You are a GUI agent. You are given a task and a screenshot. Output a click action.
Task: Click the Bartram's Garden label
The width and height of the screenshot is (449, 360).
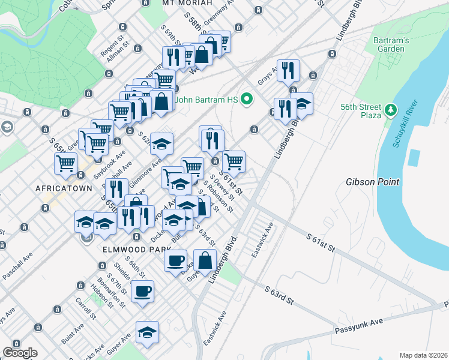pos(393,44)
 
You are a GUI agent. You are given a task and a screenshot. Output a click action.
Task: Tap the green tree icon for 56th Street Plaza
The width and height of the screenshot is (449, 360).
pos(391,109)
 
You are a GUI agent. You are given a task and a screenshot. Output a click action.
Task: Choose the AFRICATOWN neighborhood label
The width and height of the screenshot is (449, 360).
pos(64,188)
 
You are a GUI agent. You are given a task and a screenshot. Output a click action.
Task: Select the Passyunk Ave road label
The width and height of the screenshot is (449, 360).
pos(358,326)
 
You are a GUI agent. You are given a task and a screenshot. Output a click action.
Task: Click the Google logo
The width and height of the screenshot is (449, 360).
pos(20,353)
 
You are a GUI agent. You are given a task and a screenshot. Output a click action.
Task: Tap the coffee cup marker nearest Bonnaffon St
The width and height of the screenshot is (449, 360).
pos(142,292)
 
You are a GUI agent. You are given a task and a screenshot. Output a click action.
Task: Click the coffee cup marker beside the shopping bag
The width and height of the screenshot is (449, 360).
pos(175,260)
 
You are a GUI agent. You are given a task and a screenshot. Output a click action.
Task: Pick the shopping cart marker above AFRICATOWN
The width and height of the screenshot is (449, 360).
pos(65,163)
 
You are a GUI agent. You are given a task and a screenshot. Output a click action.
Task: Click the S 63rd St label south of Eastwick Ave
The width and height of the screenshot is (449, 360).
pos(279,294)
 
